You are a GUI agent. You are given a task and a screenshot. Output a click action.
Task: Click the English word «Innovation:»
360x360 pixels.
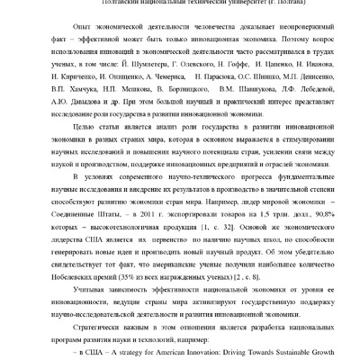191,355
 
